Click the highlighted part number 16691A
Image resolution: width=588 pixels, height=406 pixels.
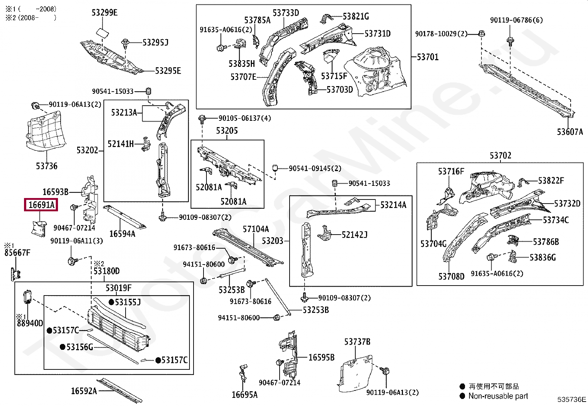click(x=41, y=205)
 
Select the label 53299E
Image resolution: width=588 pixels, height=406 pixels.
click(x=105, y=13)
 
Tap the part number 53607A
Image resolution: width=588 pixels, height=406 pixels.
click(x=570, y=132)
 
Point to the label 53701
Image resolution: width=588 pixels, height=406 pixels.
click(x=428, y=57)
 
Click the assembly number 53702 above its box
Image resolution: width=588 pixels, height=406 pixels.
click(x=500, y=156)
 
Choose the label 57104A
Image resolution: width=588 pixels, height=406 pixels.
click(x=256, y=229)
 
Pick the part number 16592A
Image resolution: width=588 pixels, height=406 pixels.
click(x=84, y=391)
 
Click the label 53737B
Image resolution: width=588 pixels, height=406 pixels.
click(x=357, y=342)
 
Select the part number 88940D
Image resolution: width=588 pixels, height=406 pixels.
click(x=30, y=323)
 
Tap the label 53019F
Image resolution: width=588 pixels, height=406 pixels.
click(x=118, y=288)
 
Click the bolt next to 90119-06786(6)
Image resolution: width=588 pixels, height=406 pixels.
click(x=510, y=40)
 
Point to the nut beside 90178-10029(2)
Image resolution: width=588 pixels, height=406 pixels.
click(x=481, y=34)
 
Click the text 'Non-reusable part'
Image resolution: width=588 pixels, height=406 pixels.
click(x=498, y=396)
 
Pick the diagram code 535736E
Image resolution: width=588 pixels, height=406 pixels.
click(x=571, y=399)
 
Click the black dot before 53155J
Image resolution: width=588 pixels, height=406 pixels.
click(x=111, y=302)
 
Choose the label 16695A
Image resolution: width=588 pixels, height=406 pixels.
click(x=245, y=395)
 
